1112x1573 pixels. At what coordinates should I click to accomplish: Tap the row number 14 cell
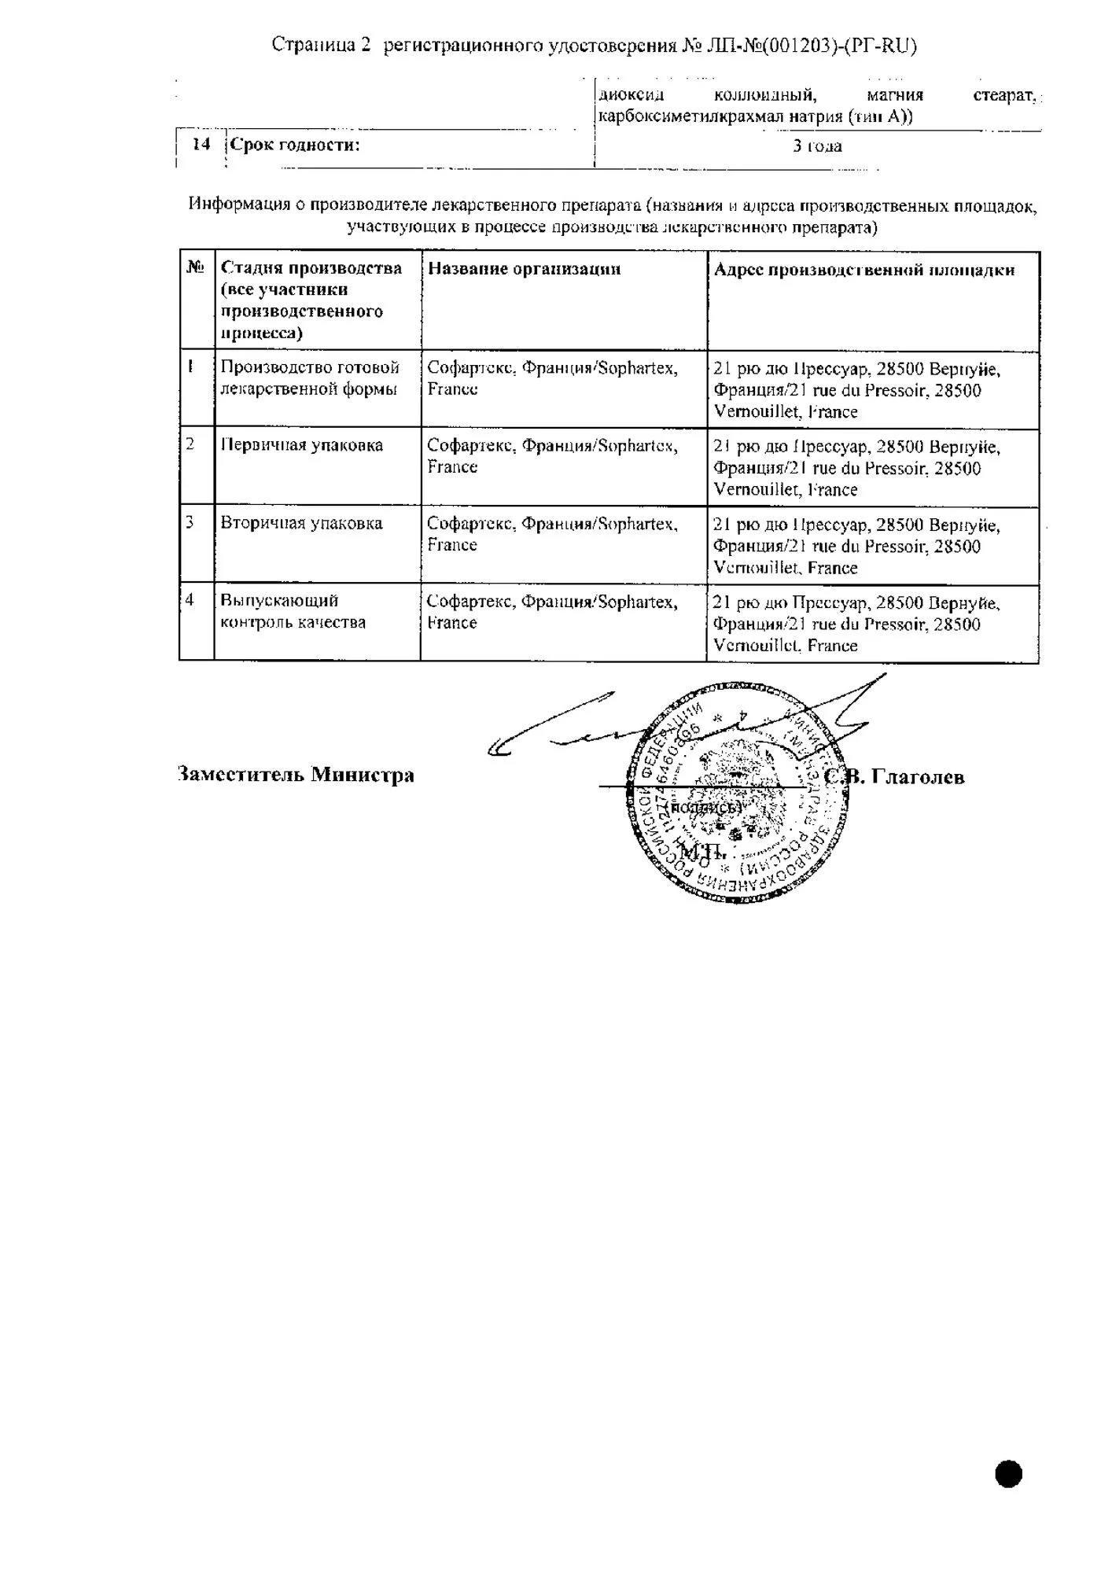pos(201,145)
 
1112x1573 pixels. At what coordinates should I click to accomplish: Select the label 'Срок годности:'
pos(295,145)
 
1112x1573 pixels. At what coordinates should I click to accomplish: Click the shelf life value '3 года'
pos(817,146)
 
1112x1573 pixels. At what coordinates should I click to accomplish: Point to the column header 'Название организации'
pos(524,269)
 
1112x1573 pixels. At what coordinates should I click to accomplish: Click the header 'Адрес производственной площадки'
pos(863,270)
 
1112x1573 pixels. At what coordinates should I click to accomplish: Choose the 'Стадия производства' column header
pos(311,300)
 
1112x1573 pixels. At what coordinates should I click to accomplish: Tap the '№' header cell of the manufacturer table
pos(196,267)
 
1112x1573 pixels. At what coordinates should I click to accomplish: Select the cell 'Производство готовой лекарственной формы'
pos(310,378)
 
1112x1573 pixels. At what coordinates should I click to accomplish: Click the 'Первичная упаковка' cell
pos(302,445)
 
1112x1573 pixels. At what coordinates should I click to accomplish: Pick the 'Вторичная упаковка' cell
pos(301,524)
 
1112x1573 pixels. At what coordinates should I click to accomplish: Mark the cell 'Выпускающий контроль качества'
pos(293,611)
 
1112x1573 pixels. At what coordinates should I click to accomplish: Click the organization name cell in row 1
pos(552,378)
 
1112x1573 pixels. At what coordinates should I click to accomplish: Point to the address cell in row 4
pos(856,624)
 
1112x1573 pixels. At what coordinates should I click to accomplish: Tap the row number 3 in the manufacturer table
pos(190,522)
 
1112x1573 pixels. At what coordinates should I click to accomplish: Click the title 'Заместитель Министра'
pos(296,775)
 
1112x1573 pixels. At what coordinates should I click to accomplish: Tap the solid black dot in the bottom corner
pos(1008,1474)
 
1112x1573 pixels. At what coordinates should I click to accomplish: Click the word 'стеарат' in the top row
pos(1003,96)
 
